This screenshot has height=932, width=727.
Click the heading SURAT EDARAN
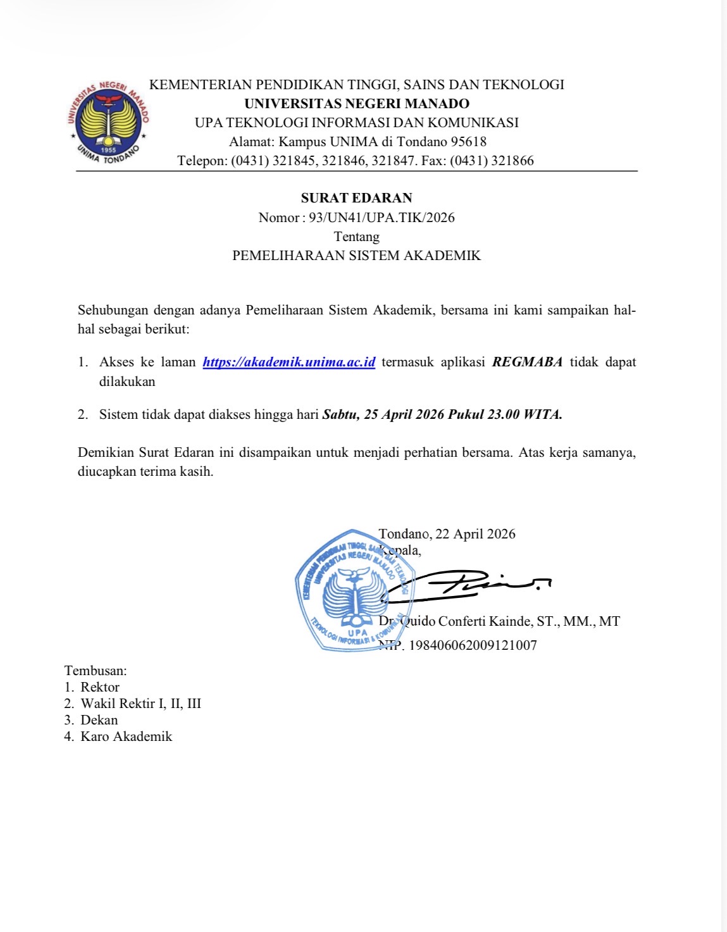click(356, 198)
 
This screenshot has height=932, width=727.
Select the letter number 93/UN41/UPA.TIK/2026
click(382, 218)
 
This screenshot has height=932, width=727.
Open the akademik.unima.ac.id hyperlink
click(289, 363)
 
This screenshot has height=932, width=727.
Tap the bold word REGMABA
click(527, 363)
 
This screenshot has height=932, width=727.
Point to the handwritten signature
click(468, 585)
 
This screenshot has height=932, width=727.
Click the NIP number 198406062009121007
click(473, 646)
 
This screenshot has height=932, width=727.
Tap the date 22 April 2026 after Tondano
click(475, 534)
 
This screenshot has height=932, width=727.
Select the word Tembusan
click(95, 671)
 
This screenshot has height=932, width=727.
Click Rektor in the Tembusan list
click(100, 687)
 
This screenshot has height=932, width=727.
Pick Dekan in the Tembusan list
click(99, 720)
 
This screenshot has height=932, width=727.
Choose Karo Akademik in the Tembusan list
click(127, 736)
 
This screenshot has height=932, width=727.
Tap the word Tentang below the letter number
click(356, 237)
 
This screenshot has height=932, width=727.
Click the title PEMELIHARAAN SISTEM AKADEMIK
click(356, 256)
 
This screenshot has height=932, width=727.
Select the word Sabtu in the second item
click(340, 415)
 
